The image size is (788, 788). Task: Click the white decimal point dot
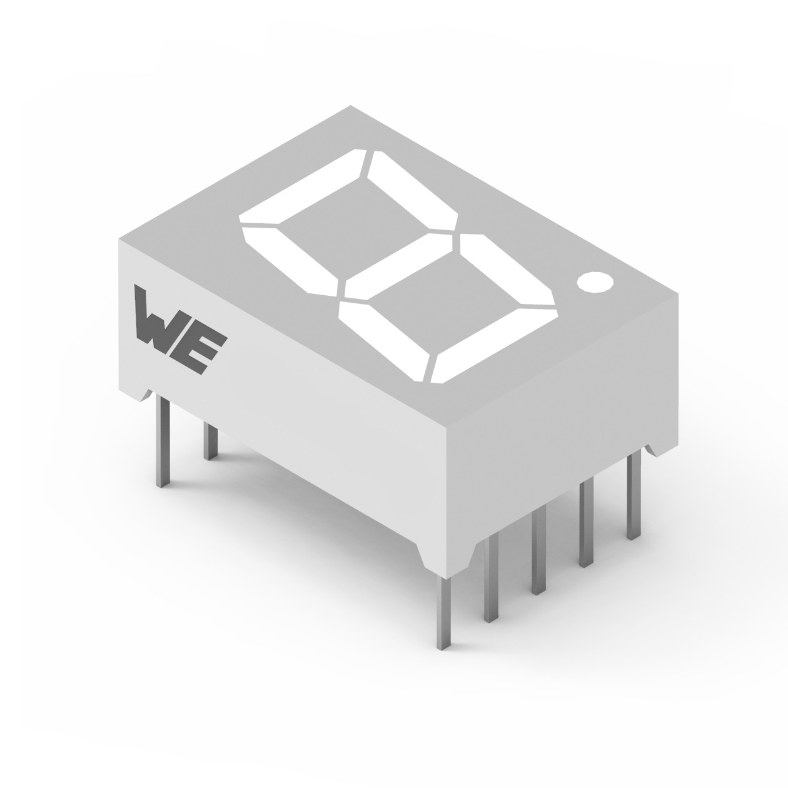tap(595, 281)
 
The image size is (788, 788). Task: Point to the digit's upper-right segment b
tap(413, 191)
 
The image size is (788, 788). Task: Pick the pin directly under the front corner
tap(444, 613)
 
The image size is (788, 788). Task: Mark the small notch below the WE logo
tap(146, 393)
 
